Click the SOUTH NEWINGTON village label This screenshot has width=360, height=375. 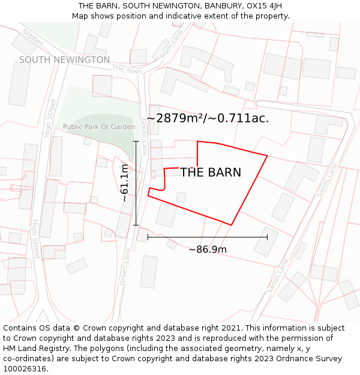[64, 60]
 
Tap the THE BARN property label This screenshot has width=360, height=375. [211, 173]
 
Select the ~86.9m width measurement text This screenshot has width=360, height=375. [208, 250]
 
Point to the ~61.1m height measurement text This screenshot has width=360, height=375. [124, 182]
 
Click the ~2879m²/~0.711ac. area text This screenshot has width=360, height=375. [208, 118]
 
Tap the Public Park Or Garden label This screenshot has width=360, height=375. [99, 127]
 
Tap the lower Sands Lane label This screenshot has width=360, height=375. [278, 276]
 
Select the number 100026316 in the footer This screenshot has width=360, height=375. [24, 369]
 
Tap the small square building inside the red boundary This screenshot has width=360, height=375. [181, 197]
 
